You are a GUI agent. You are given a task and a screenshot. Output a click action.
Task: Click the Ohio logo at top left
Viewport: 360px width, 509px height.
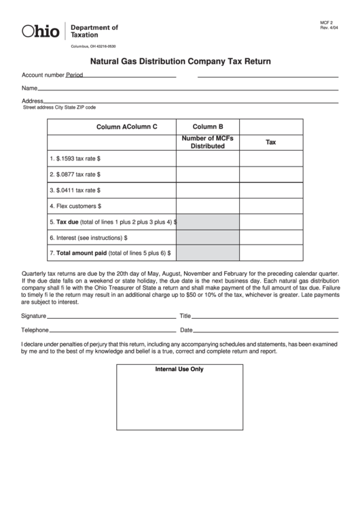tap(41, 31)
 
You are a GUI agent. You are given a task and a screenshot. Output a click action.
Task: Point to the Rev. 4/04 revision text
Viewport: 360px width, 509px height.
tap(329, 28)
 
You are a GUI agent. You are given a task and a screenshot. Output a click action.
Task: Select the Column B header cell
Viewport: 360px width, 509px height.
tap(207, 126)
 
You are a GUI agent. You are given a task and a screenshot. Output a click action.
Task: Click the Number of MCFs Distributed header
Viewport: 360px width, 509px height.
tap(207, 142)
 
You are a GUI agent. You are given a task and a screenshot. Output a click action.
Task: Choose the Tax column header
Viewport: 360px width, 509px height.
tap(270, 143)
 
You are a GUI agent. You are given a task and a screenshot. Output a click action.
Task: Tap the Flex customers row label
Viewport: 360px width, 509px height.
tap(75, 205)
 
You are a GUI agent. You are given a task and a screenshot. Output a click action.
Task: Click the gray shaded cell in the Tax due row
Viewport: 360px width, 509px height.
tap(207, 222)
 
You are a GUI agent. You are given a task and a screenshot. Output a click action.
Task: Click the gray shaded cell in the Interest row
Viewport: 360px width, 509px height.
tap(207, 237)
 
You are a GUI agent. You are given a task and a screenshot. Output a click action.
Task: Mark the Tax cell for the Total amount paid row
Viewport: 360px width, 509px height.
tap(270, 253)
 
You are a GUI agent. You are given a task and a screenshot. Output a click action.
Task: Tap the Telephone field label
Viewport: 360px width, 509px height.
tap(35, 330)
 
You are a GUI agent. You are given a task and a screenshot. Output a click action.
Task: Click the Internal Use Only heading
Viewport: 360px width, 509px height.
tap(179, 370)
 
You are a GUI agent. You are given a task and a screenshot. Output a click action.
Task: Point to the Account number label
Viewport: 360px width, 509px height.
tap(43, 75)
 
